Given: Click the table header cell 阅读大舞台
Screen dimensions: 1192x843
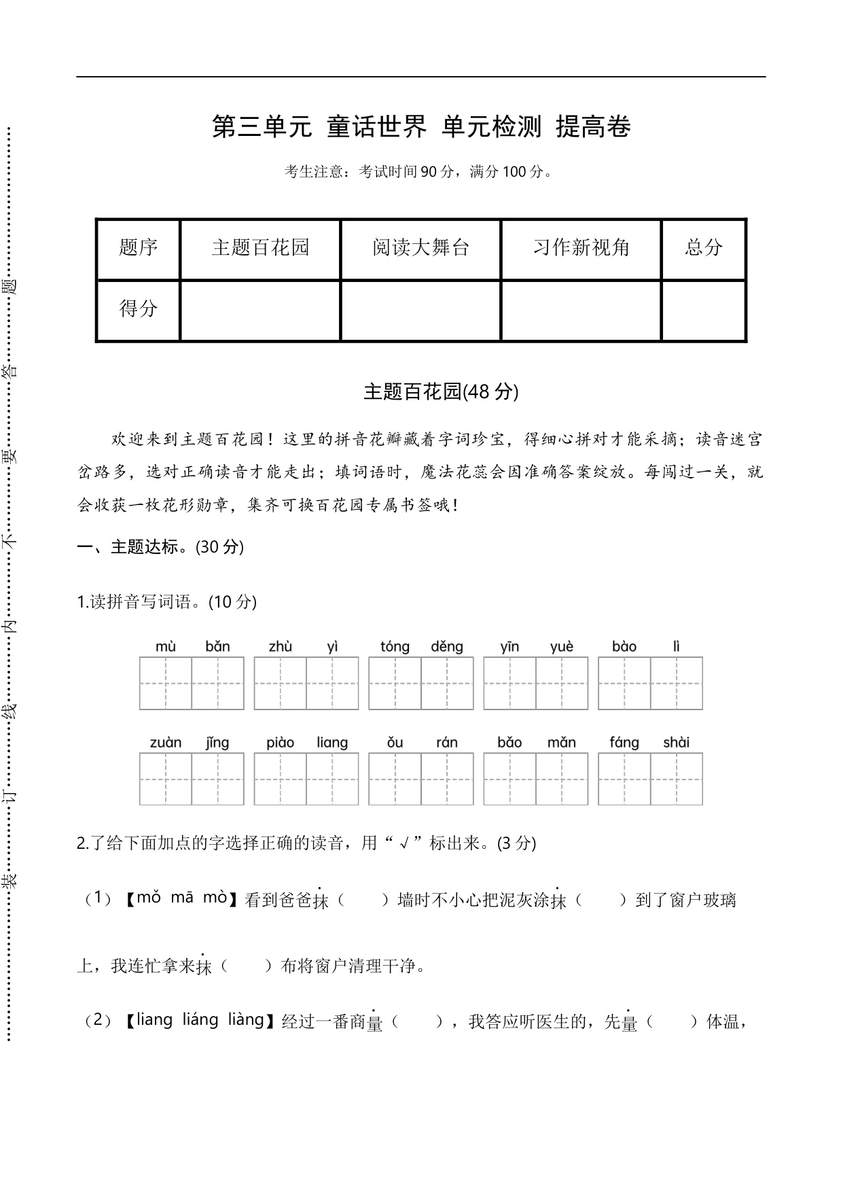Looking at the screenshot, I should point(420,248).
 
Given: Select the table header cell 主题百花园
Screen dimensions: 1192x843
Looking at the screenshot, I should point(260,248).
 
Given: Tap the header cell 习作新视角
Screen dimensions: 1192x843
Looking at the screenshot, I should point(581,248).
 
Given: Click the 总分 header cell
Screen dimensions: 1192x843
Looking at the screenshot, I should point(704,248).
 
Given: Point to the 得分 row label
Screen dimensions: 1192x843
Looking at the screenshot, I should point(138,309).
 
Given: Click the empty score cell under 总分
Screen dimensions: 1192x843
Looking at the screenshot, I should point(704,311).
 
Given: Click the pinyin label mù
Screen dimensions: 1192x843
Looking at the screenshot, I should point(166,646).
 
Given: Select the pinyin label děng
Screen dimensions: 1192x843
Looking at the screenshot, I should point(447,646).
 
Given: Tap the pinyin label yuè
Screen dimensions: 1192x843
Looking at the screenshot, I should point(562,646).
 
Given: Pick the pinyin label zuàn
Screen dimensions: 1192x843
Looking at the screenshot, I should point(166,743).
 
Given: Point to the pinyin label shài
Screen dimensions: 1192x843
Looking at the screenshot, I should point(676,743).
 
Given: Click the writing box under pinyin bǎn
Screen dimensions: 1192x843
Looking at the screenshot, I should point(217,684).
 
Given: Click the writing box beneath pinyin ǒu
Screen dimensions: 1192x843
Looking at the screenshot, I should point(395,779).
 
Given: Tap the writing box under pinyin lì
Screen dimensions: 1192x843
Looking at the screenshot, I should point(677,684).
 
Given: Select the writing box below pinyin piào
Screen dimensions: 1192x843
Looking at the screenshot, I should point(281,779).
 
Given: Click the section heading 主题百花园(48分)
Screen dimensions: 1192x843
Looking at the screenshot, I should point(441,392).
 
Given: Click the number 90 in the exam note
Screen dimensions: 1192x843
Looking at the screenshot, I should point(429,172).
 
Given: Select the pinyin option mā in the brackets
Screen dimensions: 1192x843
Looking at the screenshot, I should point(182,898).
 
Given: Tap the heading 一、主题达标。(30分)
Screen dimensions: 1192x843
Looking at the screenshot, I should point(160,547).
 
